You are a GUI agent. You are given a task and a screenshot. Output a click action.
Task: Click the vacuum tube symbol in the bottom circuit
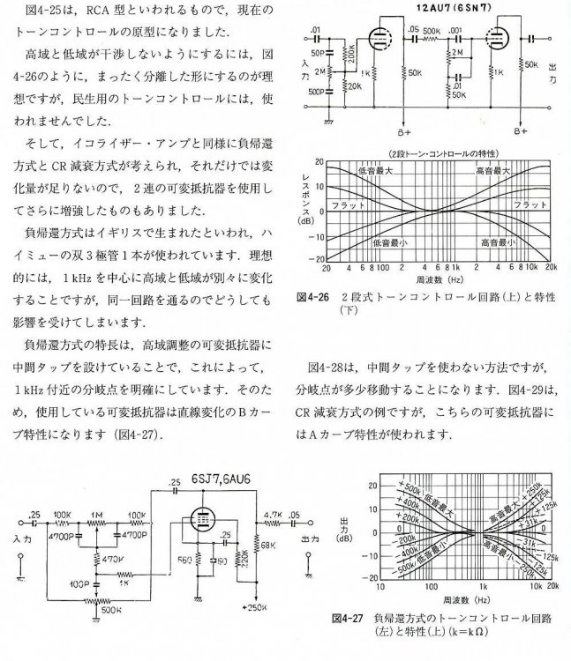[x=205, y=522]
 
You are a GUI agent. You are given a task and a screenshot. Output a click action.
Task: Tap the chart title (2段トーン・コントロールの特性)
[x=438, y=156]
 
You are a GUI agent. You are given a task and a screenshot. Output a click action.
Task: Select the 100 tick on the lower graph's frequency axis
[x=431, y=586]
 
